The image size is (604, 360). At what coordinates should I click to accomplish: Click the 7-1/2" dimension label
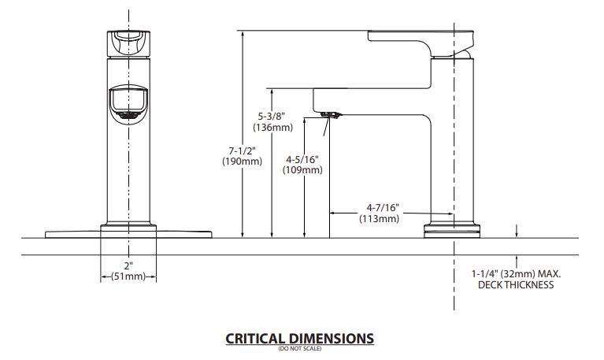point(243,150)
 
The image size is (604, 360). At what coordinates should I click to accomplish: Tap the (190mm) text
point(242,161)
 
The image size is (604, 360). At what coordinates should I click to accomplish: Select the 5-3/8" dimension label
point(272,116)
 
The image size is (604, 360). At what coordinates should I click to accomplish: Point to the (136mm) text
point(272,127)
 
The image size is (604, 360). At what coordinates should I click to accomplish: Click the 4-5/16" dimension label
point(302,159)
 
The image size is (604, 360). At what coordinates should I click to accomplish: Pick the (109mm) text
point(302,169)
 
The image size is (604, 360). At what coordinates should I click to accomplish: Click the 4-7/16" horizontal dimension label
point(383,208)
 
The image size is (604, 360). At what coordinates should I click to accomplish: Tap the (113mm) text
point(380,218)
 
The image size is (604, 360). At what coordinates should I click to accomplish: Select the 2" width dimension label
point(128,265)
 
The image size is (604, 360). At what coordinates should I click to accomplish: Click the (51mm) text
point(128,276)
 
